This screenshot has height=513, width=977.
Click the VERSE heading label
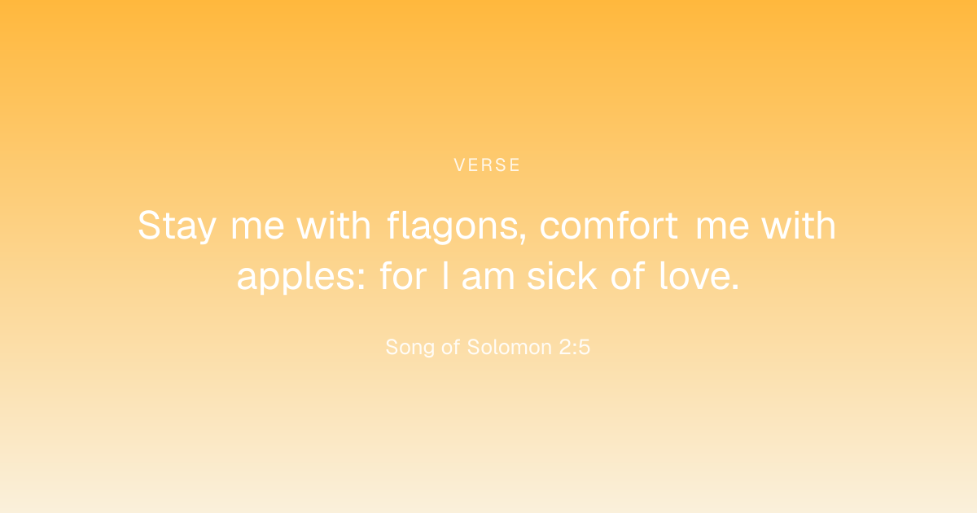pyautogui.click(x=487, y=164)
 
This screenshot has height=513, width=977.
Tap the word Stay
pyautogui.click(x=177, y=226)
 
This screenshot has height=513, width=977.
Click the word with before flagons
pyautogui.click(x=334, y=225)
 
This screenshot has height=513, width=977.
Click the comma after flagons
pyautogui.click(x=523, y=238)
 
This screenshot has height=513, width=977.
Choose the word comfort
pyautogui.click(x=609, y=225)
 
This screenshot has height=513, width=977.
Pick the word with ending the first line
pyautogui.click(x=799, y=225)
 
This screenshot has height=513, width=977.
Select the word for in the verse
pyautogui.click(x=403, y=276)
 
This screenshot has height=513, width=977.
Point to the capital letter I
pyautogui.click(x=445, y=276)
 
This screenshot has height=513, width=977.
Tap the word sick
pyautogui.click(x=562, y=276)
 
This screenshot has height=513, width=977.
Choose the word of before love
pyautogui.click(x=628, y=276)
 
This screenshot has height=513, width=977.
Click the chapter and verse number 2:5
pyautogui.click(x=575, y=347)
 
